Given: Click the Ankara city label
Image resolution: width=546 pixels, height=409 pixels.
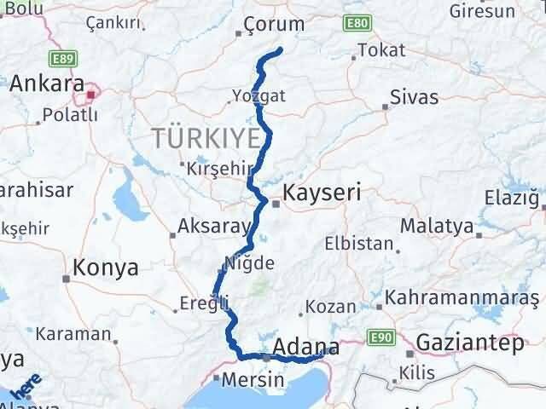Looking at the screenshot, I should click(x=46, y=84).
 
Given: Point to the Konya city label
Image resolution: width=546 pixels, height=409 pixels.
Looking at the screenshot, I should click(x=106, y=268).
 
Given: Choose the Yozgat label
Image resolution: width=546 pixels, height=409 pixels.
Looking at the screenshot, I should click(x=258, y=95).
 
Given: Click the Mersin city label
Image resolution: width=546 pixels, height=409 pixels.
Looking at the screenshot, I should click(x=247, y=380).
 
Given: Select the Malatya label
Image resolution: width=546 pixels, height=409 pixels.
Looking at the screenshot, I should click(x=436, y=227).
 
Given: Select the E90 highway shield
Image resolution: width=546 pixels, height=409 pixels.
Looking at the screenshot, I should click(x=380, y=339).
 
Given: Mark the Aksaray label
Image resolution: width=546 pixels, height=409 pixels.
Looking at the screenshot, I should click(x=213, y=228).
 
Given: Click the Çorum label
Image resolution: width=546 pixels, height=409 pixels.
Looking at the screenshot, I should click(x=273, y=24).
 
